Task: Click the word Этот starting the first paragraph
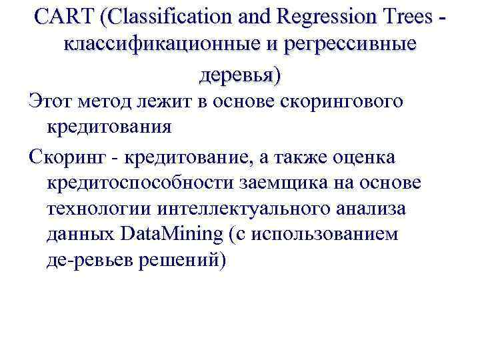click(52, 103)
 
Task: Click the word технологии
click(100, 209)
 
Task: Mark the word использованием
click(323, 235)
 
